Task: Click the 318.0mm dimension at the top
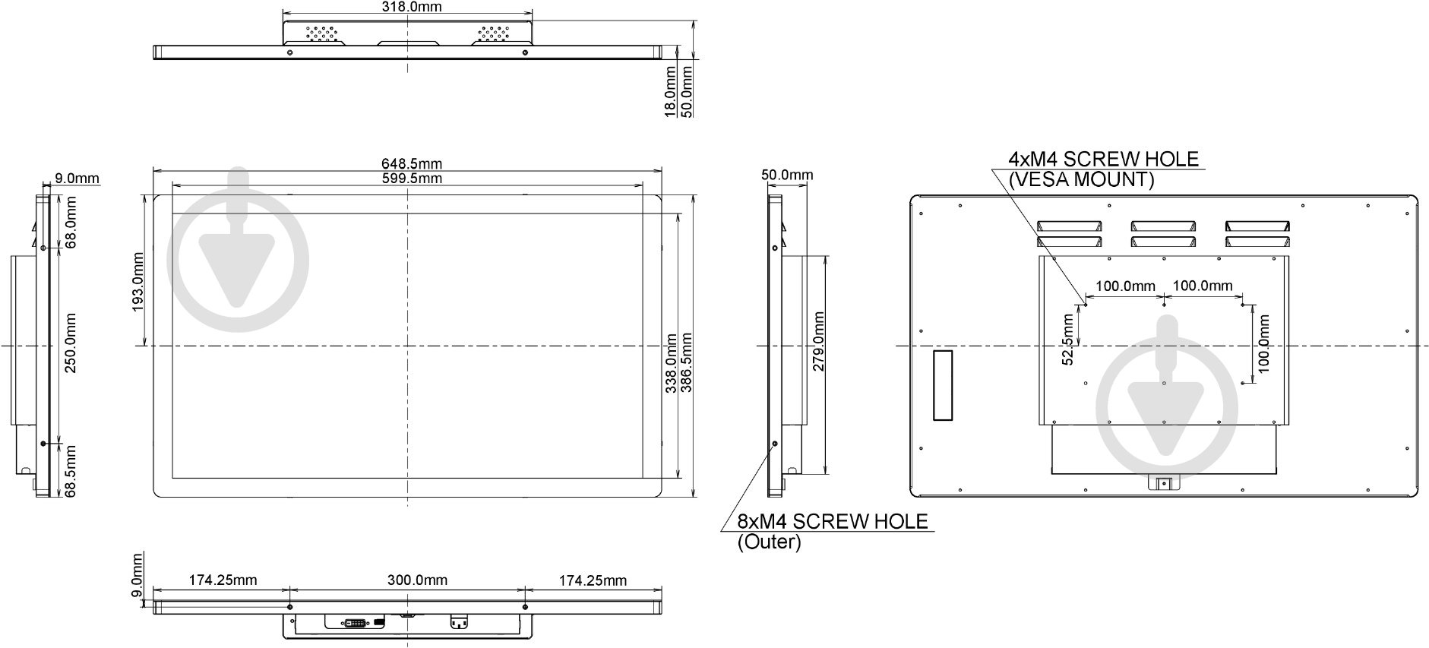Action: [x=409, y=7]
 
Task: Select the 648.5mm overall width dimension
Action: [x=411, y=163]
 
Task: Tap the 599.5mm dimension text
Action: [x=411, y=179]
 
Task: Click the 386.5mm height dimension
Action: [x=686, y=362]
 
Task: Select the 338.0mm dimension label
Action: [x=672, y=362]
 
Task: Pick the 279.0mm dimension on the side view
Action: [x=818, y=341]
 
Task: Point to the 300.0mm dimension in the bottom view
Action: [x=417, y=580]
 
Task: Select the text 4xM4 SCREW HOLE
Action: [x=1103, y=160]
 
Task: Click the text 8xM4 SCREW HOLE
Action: [x=833, y=522]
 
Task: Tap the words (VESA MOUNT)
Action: [x=1080, y=180]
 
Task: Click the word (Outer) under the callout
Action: [x=768, y=542]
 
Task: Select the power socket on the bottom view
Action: [x=458, y=622]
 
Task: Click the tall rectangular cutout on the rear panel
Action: [x=942, y=385]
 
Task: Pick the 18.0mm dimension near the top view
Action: [x=671, y=91]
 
